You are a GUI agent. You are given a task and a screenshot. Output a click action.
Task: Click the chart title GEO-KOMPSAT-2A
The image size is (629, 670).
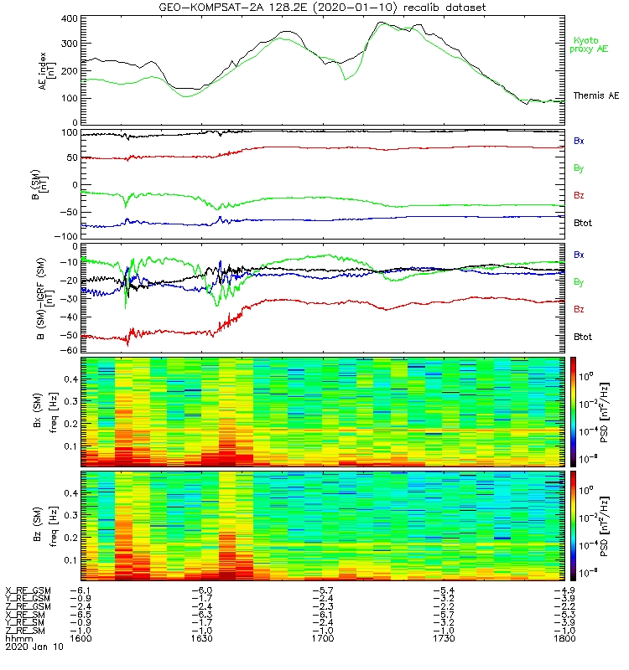[x=323, y=8]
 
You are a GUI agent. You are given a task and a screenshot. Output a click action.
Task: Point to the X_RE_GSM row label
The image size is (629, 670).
[x=28, y=590]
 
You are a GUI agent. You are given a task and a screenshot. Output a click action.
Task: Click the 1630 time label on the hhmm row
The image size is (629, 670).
[x=202, y=638]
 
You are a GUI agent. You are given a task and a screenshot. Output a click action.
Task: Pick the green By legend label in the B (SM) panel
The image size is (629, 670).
[x=579, y=168]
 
